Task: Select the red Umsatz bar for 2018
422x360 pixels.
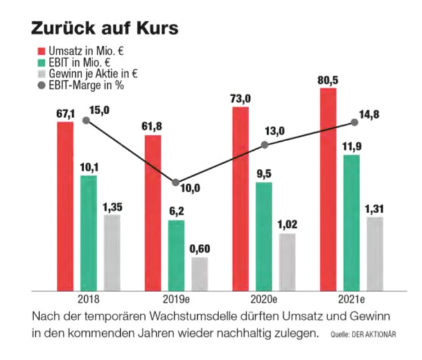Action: pyautogui.click(x=65, y=205)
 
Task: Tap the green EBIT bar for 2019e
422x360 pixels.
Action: pyautogui.click(x=176, y=255)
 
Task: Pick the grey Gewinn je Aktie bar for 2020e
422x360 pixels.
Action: pyautogui.click(x=287, y=261)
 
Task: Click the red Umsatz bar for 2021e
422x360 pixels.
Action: pyautogui.click(x=328, y=189)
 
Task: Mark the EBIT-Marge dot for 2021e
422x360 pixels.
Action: pyautogui.click(x=354, y=122)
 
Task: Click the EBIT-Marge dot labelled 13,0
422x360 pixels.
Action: pyautogui.click(x=265, y=144)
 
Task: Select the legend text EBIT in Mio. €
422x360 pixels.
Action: pyautogui.click(x=80, y=62)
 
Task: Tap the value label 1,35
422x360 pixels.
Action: pyautogui.click(x=112, y=207)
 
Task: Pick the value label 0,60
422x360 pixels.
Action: pyautogui.click(x=200, y=249)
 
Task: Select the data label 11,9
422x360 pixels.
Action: pyautogui.click(x=351, y=146)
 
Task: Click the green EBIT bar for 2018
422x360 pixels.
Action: pyautogui.click(x=88, y=232)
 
